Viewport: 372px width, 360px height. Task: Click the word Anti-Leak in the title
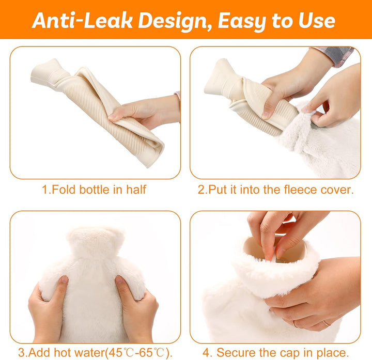pos(78,20)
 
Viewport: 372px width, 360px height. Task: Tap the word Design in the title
pos(172,20)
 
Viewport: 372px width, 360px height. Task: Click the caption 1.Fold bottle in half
pos(94,190)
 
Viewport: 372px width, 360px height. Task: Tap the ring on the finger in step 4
pos(327,323)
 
